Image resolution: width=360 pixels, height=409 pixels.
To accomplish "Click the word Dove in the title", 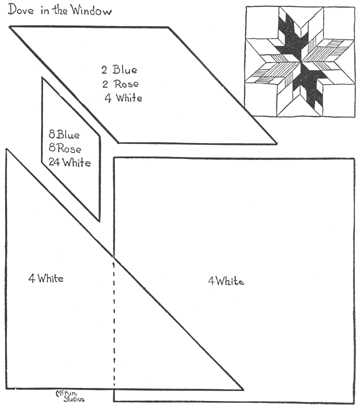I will (x=20, y=11).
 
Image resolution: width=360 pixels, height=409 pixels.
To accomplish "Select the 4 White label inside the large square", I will (x=225, y=281).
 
